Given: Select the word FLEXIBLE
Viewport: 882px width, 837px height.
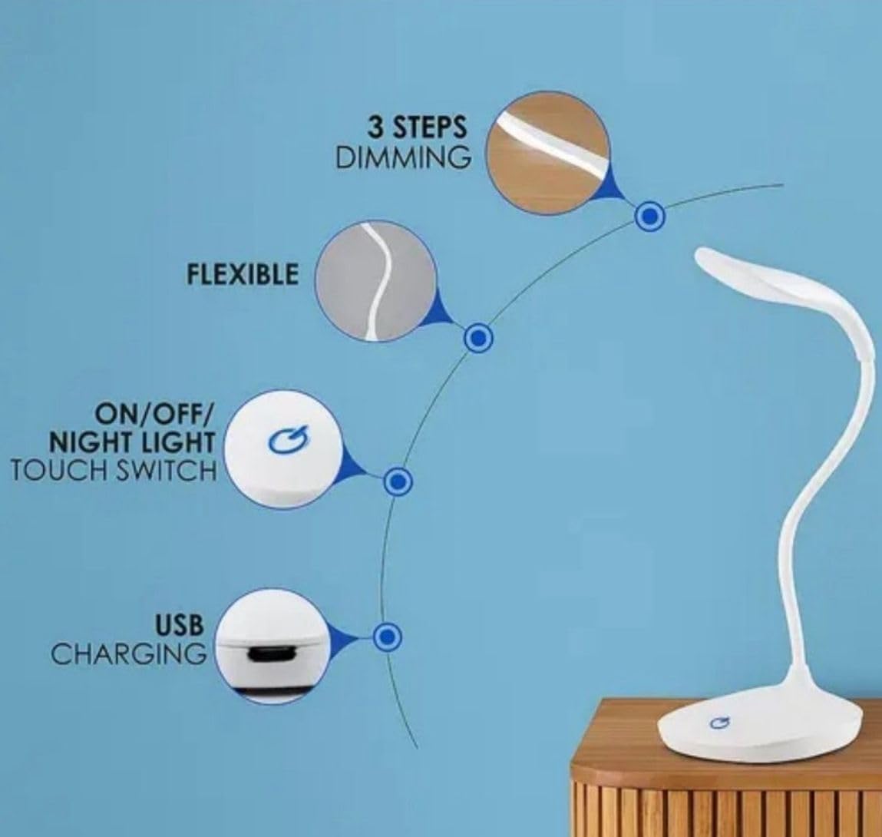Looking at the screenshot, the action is click(243, 275).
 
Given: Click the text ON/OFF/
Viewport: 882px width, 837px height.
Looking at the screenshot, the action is click(154, 415).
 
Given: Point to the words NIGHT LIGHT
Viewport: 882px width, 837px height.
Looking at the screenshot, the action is click(132, 442).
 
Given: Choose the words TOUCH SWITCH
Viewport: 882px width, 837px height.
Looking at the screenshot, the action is click(114, 471).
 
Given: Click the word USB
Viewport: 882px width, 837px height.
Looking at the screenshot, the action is click(179, 625).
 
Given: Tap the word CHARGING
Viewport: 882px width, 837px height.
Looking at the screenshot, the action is click(129, 654).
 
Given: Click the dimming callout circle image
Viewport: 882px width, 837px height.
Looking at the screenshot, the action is click(548, 153).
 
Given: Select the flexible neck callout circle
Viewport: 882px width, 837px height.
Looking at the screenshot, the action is click(375, 282).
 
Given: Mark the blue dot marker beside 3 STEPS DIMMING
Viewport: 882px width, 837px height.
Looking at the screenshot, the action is click(649, 216).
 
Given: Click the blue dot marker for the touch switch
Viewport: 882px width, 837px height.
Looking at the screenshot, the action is click(398, 481).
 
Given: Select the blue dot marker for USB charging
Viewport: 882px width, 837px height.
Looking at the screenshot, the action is click(387, 637).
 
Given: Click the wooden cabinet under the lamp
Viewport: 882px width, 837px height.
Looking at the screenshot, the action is click(725, 777).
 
